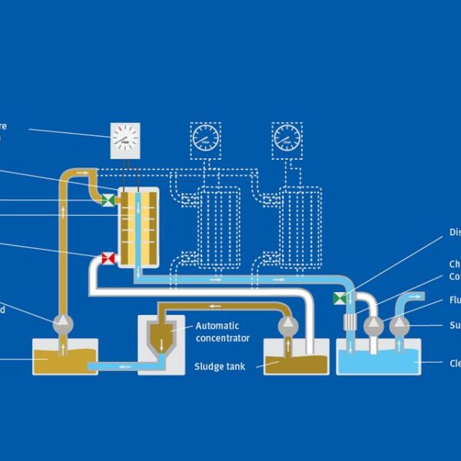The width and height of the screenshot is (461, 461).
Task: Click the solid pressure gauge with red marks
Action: pos(125,139)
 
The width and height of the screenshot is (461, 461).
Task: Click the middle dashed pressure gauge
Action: pos(205,138)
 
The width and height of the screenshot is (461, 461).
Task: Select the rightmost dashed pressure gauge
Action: pos(287,138)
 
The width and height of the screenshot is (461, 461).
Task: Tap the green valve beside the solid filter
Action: pos(109,201)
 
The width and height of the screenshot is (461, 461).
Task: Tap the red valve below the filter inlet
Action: pos(108,259)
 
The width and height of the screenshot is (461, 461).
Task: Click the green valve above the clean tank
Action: pos(339,297)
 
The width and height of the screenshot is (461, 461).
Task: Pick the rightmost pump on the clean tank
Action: pos(400,326)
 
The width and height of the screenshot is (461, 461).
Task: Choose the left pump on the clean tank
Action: pos(374,326)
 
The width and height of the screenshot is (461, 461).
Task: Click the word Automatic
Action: pos(217,326)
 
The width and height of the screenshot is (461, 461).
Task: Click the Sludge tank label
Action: pos(220,366)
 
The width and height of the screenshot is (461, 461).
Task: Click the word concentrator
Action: pos(223,338)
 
